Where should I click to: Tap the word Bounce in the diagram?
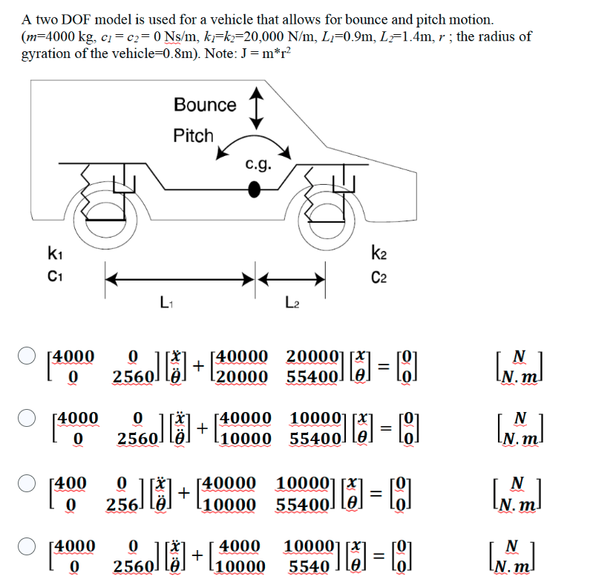pyautogui.click(x=205, y=105)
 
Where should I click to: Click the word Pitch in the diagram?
pyautogui.click(x=193, y=136)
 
